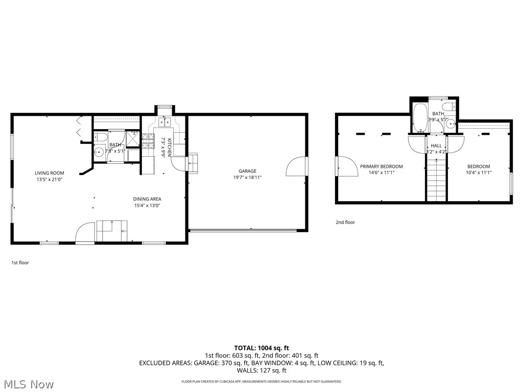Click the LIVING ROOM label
pos(50,173)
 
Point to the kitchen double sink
pos(164,122)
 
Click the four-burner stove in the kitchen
pos(148,141)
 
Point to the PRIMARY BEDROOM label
pos(381,166)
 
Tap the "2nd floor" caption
pos(345,223)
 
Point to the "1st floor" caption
pos(20,263)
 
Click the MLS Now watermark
pos(28,384)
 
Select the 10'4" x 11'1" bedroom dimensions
pos(479,173)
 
